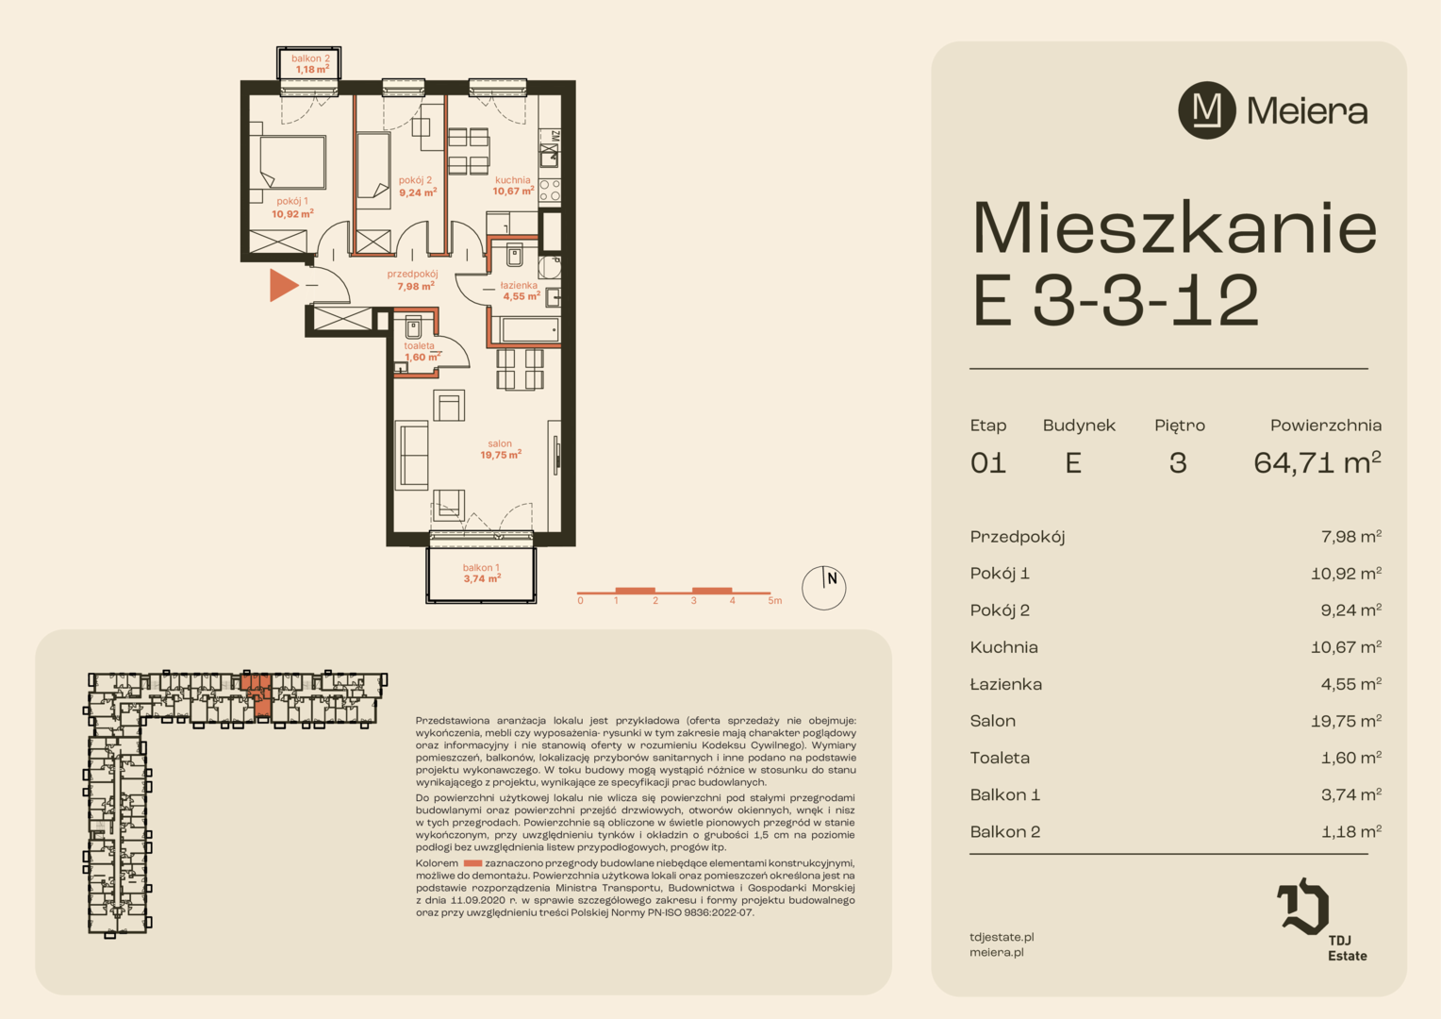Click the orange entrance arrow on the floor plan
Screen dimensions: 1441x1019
(282, 285)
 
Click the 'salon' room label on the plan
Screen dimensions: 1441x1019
(500, 443)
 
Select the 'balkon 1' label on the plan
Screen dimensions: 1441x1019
(481, 567)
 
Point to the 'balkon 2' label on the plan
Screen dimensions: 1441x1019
(310, 58)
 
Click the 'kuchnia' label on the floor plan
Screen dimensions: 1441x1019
(513, 180)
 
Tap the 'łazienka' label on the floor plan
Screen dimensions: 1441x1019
(519, 285)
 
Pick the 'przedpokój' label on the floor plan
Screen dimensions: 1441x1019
(412, 275)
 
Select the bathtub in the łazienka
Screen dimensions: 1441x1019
(529, 330)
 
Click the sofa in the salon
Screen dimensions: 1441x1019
(412, 455)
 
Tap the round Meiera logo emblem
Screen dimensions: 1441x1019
(1207, 110)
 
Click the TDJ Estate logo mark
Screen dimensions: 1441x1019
(1302, 906)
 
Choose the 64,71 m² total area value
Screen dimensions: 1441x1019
(1317, 463)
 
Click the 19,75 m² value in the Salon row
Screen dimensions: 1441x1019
(1347, 721)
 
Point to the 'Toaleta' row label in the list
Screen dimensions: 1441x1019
(1000, 758)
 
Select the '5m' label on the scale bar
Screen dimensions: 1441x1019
(774, 601)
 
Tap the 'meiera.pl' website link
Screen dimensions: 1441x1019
(997, 952)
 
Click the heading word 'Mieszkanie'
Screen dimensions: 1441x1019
(1175, 228)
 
